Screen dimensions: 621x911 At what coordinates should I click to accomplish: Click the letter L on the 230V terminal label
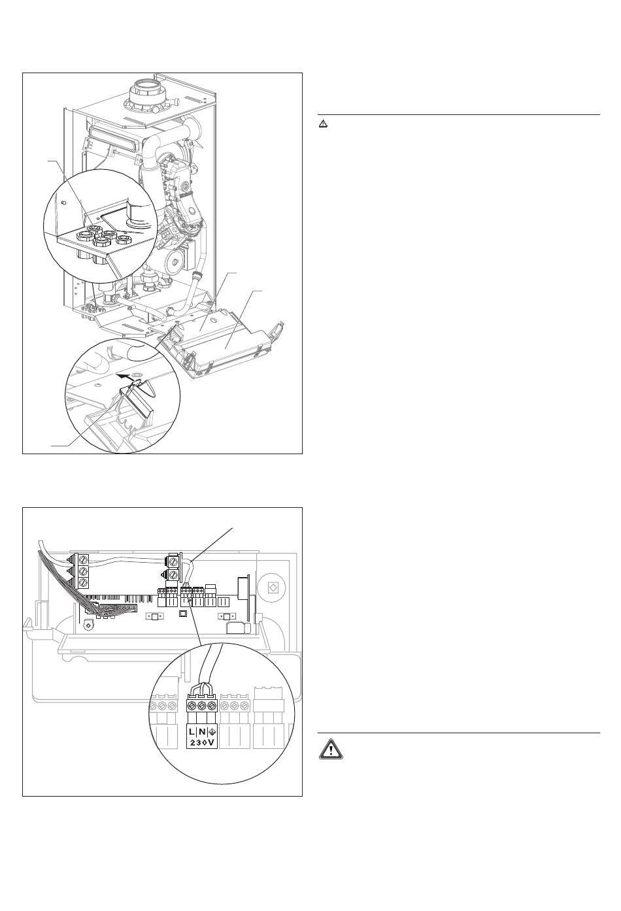[192, 732]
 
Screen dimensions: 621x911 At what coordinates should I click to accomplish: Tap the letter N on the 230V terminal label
[202, 732]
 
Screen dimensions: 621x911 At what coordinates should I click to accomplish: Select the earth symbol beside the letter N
[212, 732]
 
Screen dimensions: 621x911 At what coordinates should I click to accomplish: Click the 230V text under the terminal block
[202, 743]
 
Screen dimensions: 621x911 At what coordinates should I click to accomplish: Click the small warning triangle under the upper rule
[324, 124]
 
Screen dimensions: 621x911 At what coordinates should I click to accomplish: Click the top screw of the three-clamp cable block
[84, 558]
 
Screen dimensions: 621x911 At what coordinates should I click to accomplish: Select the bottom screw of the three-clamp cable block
[84, 583]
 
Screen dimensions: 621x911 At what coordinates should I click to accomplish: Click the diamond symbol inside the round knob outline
[273, 588]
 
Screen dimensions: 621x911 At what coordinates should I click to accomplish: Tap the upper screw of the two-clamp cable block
[174, 562]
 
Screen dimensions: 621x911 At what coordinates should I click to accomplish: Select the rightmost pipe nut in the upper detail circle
[123, 240]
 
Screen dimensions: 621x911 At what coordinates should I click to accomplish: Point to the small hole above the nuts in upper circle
[63, 202]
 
